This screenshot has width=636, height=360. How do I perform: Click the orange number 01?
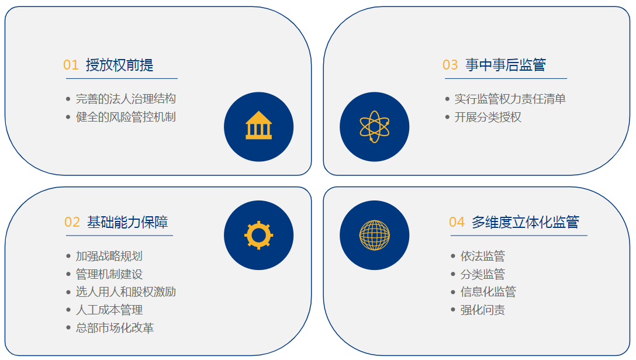(71, 65)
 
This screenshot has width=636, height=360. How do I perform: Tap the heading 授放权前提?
(120, 65)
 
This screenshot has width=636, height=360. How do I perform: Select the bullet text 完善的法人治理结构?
(126, 99)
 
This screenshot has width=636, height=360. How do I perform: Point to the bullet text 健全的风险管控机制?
(126, 117)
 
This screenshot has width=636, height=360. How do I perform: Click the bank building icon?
(259, 125)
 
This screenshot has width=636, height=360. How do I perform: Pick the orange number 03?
(450, 65)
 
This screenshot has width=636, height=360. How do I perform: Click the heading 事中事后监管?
(506, 65)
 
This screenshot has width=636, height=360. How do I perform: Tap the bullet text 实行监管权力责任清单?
(510, 99)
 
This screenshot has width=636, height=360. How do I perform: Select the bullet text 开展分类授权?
(488, 117)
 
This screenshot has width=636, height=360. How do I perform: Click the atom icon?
(374, 127)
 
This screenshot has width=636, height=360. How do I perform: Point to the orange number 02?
(72, 222)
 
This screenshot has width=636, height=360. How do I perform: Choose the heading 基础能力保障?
(127, 222)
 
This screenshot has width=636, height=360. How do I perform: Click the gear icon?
(259, 235)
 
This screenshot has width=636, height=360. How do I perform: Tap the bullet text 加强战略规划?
(109, 256)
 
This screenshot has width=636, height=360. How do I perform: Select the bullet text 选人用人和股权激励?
(126, 292)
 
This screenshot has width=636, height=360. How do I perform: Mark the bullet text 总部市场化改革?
(115, 328)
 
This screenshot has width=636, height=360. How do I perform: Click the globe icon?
(374, 235)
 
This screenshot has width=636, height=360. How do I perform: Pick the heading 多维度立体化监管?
(526, 222)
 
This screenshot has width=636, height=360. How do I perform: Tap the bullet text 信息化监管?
(488, 292)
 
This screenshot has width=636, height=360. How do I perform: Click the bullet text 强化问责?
(483, 310)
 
